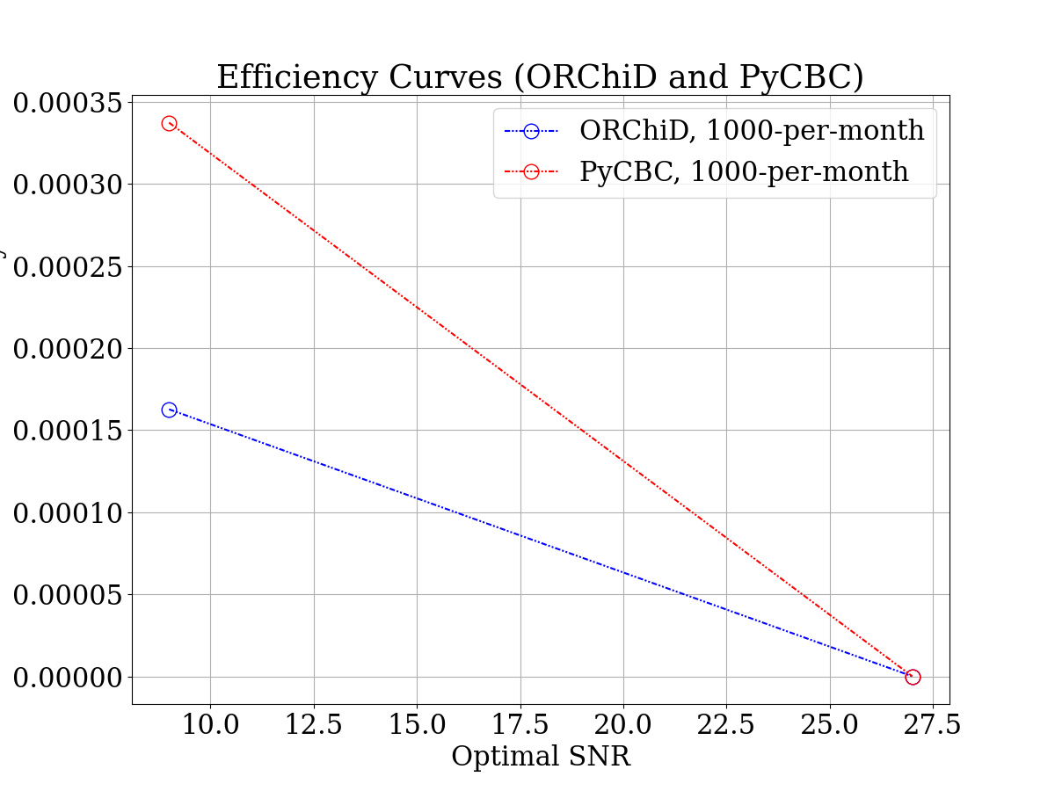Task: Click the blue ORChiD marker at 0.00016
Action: pos(169,410)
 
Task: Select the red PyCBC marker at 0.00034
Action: pos(169,123)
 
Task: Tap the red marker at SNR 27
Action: pos(913,677)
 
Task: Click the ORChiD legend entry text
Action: pos(752,131)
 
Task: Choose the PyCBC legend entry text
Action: pos(744,171)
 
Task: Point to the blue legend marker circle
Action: pos(531,132)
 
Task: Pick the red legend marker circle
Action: pos(531,172)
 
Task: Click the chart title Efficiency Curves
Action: pos(540,77)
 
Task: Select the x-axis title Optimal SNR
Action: pos(541,757)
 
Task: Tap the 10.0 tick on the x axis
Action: pos(210,726)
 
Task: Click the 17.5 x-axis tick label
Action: pos(520,726)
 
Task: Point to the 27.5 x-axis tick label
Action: pos(933,726)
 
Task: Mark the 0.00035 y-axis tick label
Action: pos(66,103)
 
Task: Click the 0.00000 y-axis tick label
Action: pos(66,678)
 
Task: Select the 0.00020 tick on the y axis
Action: pos(66,349)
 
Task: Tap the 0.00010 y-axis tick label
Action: pos(66,513)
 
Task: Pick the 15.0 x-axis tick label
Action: pos(417,726)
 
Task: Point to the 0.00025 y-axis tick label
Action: pos(66,267)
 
